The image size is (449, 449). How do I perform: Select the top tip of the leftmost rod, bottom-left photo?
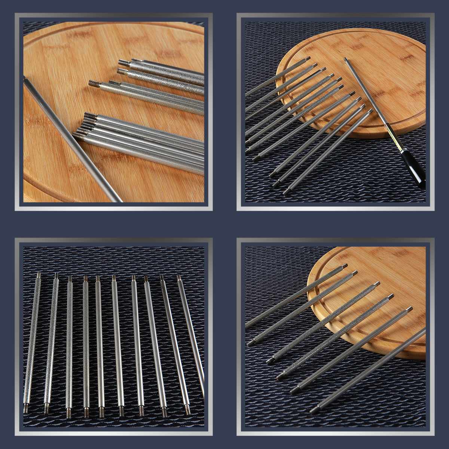click(x=39, y=275)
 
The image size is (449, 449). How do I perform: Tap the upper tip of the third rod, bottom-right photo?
click(x=377, y=284)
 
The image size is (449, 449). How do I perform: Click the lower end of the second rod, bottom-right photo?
click(x=250, y=343)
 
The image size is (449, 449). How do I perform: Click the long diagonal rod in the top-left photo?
click(x=71, y=138)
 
